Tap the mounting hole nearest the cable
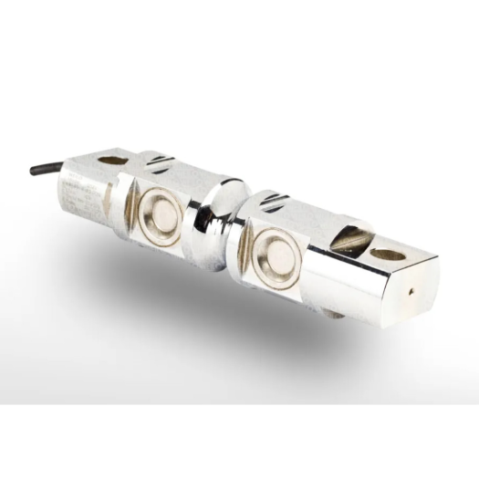click(x=112, y=161)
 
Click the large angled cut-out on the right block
click(x=351, y=240)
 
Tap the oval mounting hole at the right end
click(x=388, y=255)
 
